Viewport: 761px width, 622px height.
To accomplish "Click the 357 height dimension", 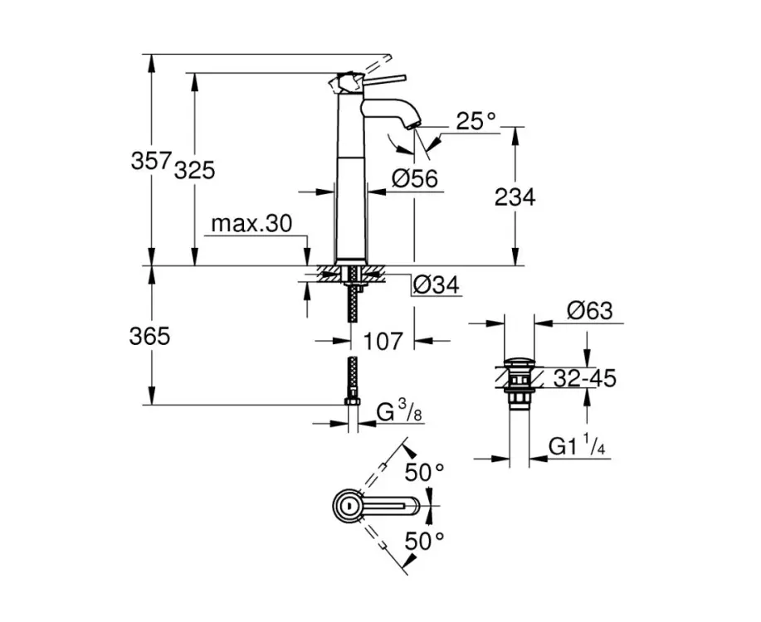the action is pyautogui.click(x=151, y=160).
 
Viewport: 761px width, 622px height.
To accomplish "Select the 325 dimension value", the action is pyautogui.click(x=194, y=170).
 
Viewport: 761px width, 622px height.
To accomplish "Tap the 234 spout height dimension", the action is pyautogui.click(x=515, y=197).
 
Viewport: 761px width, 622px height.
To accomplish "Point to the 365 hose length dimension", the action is pyautogui.click(x=149, y=336).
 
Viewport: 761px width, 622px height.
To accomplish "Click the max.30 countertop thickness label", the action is pyautogui.click(x=252, y=224).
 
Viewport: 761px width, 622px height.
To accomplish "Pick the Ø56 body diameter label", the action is pyautogui.click(x=415, y=178).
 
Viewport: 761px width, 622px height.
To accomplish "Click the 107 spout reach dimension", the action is pyautogui.click(x=383, y=341).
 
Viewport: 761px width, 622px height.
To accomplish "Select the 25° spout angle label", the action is pyautogui.click(x=476, y=121).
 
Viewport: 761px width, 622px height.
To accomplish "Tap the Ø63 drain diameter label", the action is pyautogui.click(x=590, y=310).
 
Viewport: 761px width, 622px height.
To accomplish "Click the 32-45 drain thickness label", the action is pyautogui.click(x=585, y=378).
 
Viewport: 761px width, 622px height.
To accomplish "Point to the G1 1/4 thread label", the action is pyautogui.click(x=577, y=445).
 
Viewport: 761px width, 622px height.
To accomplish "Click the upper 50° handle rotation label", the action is pyautogui.click(x=425, y=472).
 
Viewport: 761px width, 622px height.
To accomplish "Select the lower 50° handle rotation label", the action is pyautogui.click(x=425, y=542).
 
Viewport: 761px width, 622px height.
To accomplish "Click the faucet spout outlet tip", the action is pyautogui.click(x=413, y=126).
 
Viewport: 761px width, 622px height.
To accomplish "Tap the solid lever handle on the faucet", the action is pyautogui.click(x=384, y=80).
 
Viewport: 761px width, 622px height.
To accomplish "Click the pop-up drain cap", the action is pyautogui.click(x=520, y=362).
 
